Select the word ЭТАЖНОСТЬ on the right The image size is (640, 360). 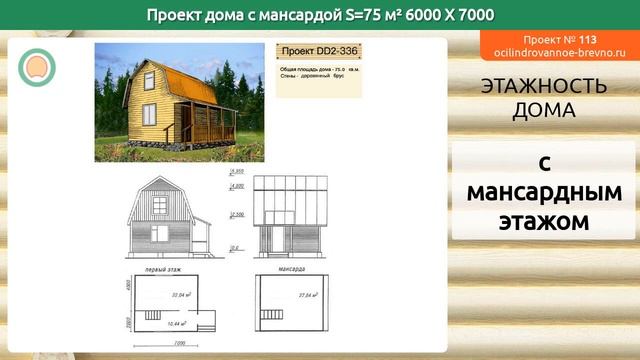544,87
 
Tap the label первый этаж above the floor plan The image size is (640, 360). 164,271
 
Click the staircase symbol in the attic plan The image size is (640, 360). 273,313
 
